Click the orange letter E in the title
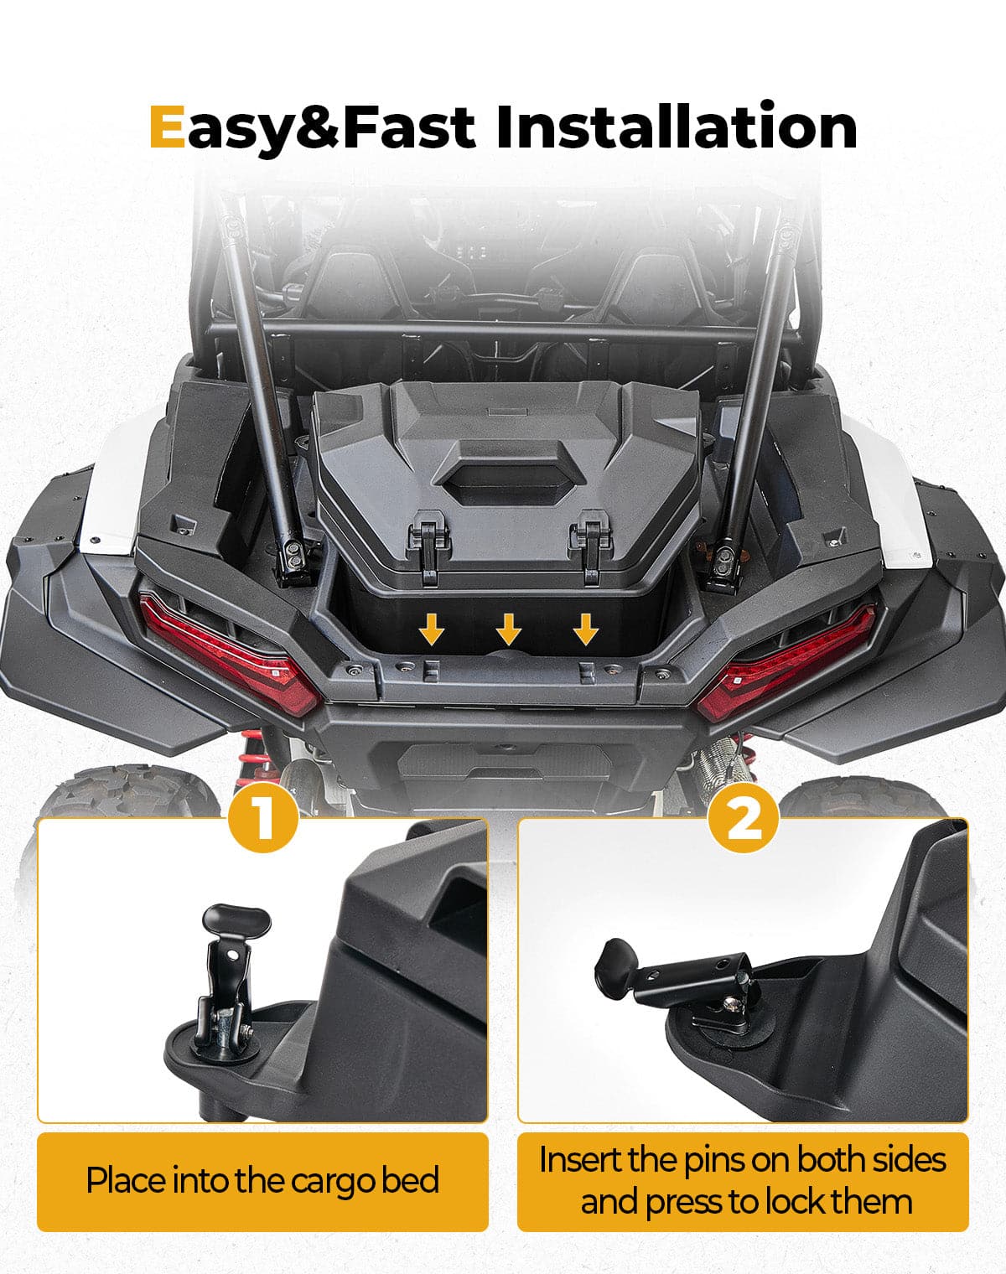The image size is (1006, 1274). click(x=166, y=127)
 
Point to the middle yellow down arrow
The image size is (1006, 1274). click(x=509, y=628)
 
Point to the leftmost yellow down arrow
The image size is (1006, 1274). click(x=432, y=628)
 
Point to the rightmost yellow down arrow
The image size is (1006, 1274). click(x=586, y=628)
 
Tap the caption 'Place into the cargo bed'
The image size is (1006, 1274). click(x=262, y=1181)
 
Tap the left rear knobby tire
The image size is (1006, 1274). click(x=109, y=796)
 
